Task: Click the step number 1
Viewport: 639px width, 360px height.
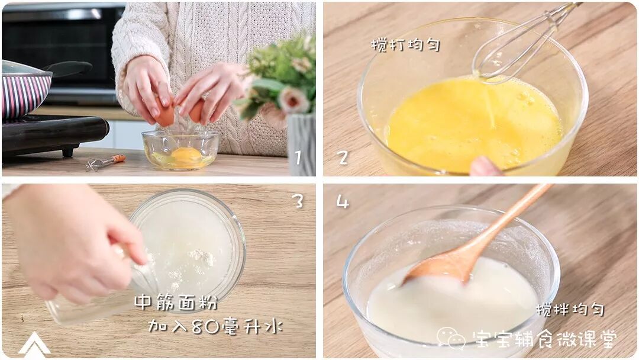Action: pos(298,157)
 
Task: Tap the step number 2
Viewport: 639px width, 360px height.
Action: pos(343,157)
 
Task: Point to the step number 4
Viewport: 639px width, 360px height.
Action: pos(343,201)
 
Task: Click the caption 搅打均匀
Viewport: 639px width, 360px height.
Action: pos(405,45)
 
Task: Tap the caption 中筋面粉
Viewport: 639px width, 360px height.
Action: pos(176,303)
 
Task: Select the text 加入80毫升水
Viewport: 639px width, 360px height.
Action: pos(215,326)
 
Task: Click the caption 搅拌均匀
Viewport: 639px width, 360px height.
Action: pos(570,310)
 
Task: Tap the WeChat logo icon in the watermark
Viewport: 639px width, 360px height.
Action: pos(451,338)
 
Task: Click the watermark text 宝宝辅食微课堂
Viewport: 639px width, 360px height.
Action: pos(544,339)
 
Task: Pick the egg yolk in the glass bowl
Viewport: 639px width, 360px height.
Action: pos(186,155)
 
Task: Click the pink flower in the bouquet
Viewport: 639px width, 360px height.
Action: pos(293,99)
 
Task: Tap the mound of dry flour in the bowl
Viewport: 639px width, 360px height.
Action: pos(202,257)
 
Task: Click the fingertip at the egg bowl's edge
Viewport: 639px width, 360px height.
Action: pos(485,166)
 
